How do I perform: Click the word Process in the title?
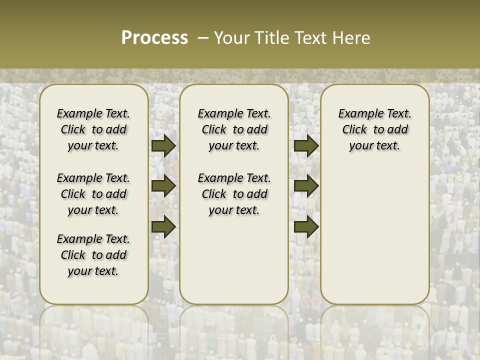click(x=154, y=38)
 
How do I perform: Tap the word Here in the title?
click(x=351, y=38)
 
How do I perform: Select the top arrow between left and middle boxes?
click(x=163, y=146)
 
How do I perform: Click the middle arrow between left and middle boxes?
click(x=163, y=186)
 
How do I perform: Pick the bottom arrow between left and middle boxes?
click(x=163, y=226)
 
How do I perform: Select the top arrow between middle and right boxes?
click(x=306, y=146)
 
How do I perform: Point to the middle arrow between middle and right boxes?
click(x=306, y=186)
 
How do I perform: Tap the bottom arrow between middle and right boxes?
click(x=306, y=226)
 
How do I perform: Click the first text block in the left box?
click(x=93, y=129)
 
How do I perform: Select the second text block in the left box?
click(x=93, y=194)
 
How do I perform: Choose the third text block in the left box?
click(x=93, y=255)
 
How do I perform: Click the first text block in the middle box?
click(x=234, y=129)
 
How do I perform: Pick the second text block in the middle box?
click(x=234, y=194)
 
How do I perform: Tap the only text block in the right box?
click(x=374, y=129)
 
